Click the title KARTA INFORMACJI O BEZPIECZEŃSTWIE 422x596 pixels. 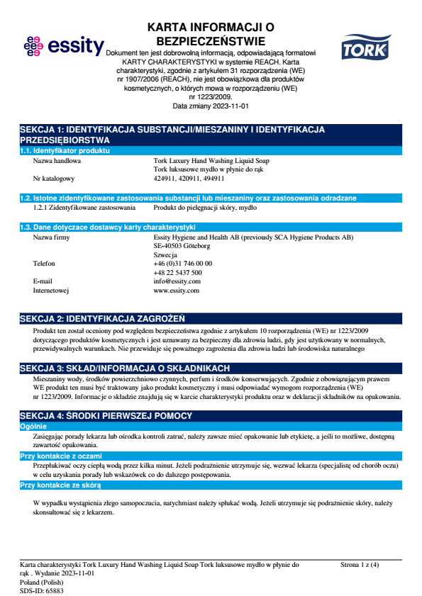211,34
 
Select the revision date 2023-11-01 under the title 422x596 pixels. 211,106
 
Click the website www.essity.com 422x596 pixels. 177,291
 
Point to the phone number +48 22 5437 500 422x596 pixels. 177,272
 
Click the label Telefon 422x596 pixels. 45,263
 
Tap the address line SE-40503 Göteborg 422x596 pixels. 182,246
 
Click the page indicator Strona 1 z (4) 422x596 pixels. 360,565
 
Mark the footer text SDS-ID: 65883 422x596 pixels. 42,590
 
